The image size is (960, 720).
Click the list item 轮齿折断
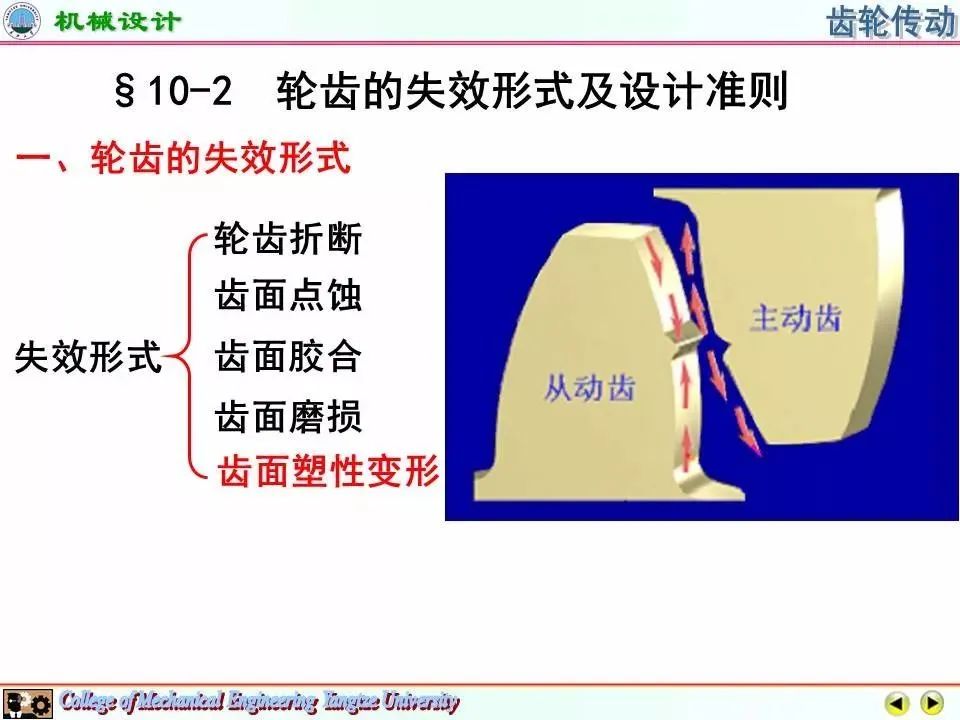(x=288, y=238)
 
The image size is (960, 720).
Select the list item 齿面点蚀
(x=288, y=296)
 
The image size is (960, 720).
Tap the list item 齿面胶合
(x=288, y=356)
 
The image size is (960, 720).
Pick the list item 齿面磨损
(x=288, y=416)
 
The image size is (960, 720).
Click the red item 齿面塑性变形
(x=328, y=471)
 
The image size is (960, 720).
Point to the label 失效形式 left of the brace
(x=88, y=356)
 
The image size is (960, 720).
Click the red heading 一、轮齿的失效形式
(x=183, y=157)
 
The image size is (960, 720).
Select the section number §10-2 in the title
(x=173, y=91)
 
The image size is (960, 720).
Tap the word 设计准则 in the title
(x=702, y=91)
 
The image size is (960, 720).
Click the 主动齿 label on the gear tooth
(x=795, y=318)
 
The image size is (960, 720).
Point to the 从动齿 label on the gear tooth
(x=590, y=388)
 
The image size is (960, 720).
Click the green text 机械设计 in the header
(x=117, y=22)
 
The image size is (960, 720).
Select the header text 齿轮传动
(x=891, y=22)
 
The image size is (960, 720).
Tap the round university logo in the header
(x=21, y=20)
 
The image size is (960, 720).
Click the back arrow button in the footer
(x=897, y=702)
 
